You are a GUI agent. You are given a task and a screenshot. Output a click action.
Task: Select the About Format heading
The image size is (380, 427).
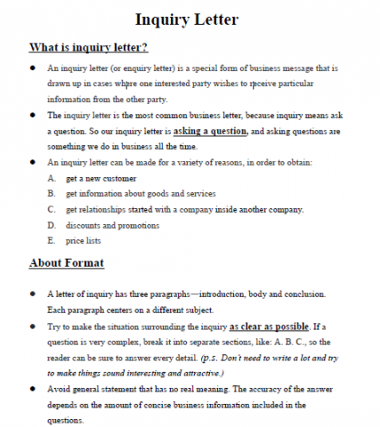[68, 262]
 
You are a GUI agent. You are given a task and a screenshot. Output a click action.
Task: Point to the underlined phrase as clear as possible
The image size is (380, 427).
[268, 326]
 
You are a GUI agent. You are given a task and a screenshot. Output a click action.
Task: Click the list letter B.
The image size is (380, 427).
[52, 193]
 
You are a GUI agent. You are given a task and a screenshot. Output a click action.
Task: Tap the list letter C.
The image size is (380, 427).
[52, 209]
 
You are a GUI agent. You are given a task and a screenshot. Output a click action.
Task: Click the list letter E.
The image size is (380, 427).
[52, 241]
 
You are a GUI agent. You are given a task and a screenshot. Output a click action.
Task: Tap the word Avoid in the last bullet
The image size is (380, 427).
[59, 390]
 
